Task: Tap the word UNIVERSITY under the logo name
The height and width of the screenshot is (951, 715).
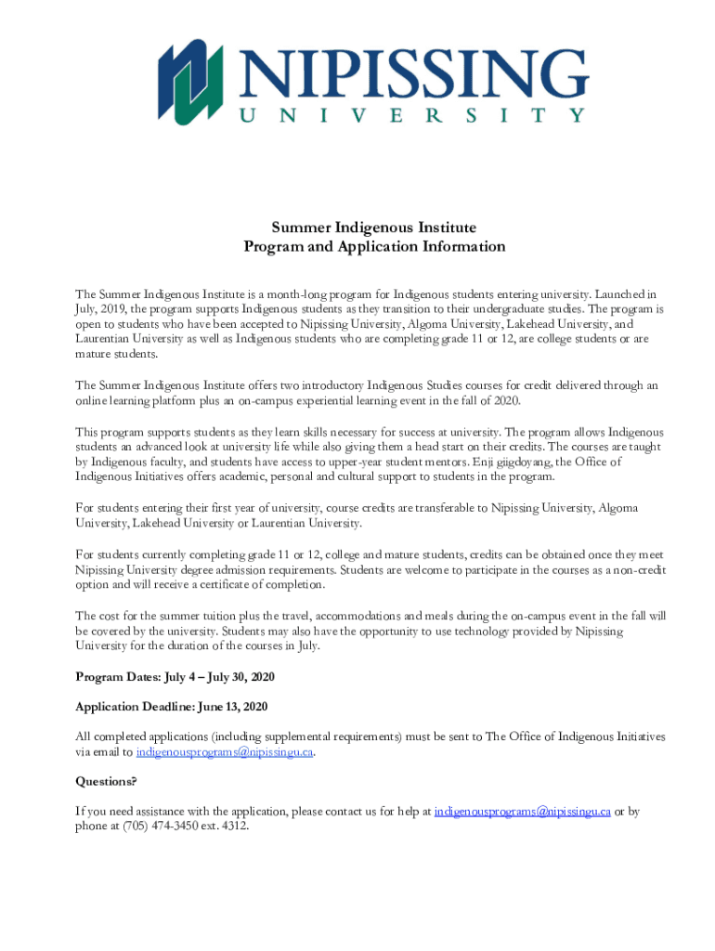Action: (413, 116)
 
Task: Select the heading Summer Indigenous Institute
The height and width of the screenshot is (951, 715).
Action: (373, 228)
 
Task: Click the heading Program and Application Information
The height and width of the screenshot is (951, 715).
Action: (373, 247)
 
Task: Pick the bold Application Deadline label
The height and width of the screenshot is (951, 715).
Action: (134, 707)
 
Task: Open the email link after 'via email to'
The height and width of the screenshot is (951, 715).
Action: (225, 752)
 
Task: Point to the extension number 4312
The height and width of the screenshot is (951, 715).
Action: (233, 826)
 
